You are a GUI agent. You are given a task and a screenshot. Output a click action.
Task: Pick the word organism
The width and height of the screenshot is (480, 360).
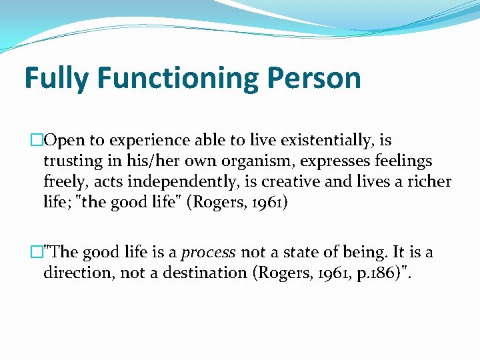pyautogui.click(x=257, y=161)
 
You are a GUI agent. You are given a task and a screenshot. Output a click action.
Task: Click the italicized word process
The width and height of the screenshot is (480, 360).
pyautogui.click(x=209, y=253)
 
